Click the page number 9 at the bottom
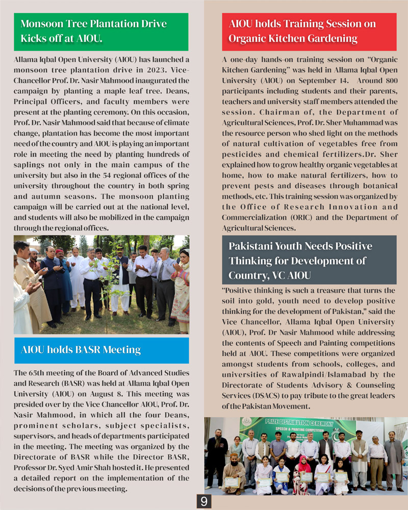coord(203,501)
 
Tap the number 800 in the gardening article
coord(386,81)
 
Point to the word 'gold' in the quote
coord(268,301)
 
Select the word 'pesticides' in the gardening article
coord(242,155)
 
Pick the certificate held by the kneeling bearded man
coord(232,481)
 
